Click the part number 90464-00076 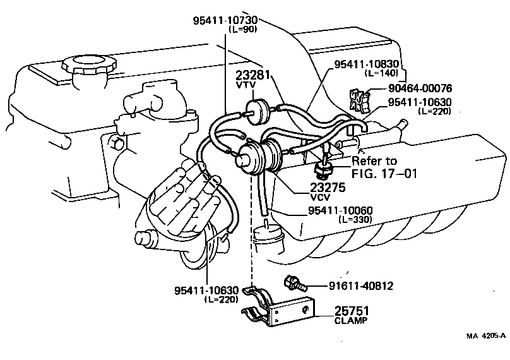[x=421, y=89]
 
